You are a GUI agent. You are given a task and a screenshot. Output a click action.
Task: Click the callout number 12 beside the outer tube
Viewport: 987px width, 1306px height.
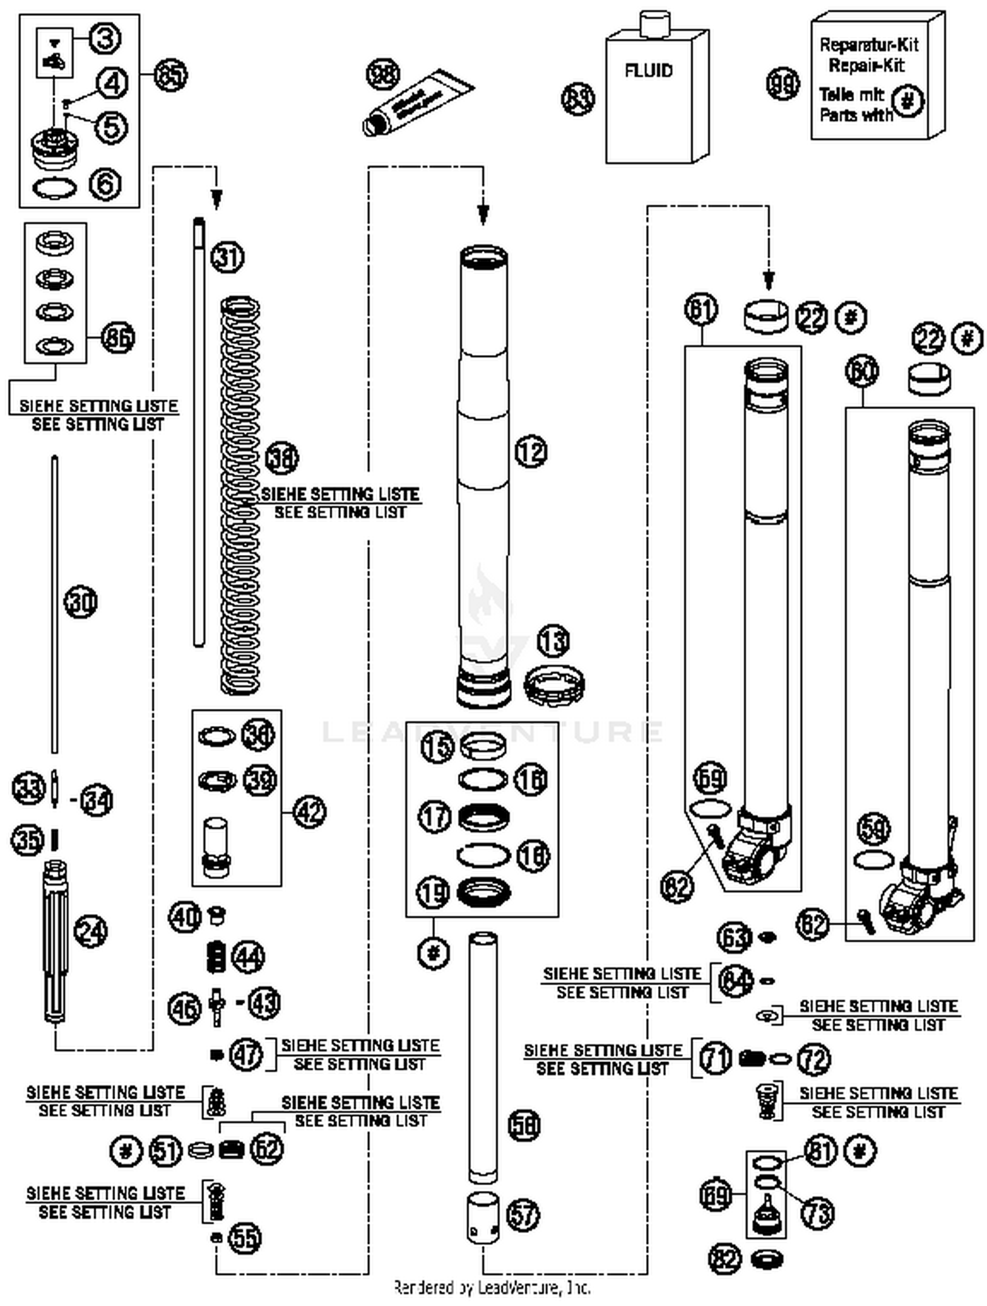[x=531, y=452]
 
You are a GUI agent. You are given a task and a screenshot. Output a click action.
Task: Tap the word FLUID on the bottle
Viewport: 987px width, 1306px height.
[x=648, y=70]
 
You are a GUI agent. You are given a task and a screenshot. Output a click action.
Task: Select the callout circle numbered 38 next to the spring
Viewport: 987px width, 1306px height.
[x=282, y=458]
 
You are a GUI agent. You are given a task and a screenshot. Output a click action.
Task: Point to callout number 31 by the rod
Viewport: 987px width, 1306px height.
[x=228, y=256]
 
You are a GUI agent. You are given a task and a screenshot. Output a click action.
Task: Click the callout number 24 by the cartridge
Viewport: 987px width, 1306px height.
[x=91, y=931]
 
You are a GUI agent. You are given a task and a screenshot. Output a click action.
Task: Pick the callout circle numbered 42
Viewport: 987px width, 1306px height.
[x=309, y=812]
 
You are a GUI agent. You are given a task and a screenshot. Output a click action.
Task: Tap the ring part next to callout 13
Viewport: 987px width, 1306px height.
[x=554, y=686]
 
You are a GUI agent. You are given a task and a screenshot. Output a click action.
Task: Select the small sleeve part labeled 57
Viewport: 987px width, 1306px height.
[x=484, y=1219]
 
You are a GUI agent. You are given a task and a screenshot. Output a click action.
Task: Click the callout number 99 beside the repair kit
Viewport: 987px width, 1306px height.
[x=783, y=84]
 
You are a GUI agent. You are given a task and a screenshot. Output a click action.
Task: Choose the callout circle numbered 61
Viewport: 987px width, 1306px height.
[x=701, y=308]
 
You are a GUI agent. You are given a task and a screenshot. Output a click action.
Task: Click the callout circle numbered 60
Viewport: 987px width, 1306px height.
[x=862, y=372]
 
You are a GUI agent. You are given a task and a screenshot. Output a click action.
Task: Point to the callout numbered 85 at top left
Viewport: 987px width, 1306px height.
[x=170, y=74]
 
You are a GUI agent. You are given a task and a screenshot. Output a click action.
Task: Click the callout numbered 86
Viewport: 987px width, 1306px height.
[x=118, y=339]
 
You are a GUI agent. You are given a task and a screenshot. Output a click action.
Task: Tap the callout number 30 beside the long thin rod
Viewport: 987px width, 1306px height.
[x=80, y=602]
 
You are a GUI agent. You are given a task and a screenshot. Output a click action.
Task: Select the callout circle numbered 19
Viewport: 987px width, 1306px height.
[x=434, y=893]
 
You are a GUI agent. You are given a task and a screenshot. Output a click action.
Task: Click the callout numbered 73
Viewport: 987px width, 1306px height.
[x=818, y=1213]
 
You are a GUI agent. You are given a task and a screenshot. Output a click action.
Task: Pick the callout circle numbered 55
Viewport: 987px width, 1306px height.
[x=244, y=1238]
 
